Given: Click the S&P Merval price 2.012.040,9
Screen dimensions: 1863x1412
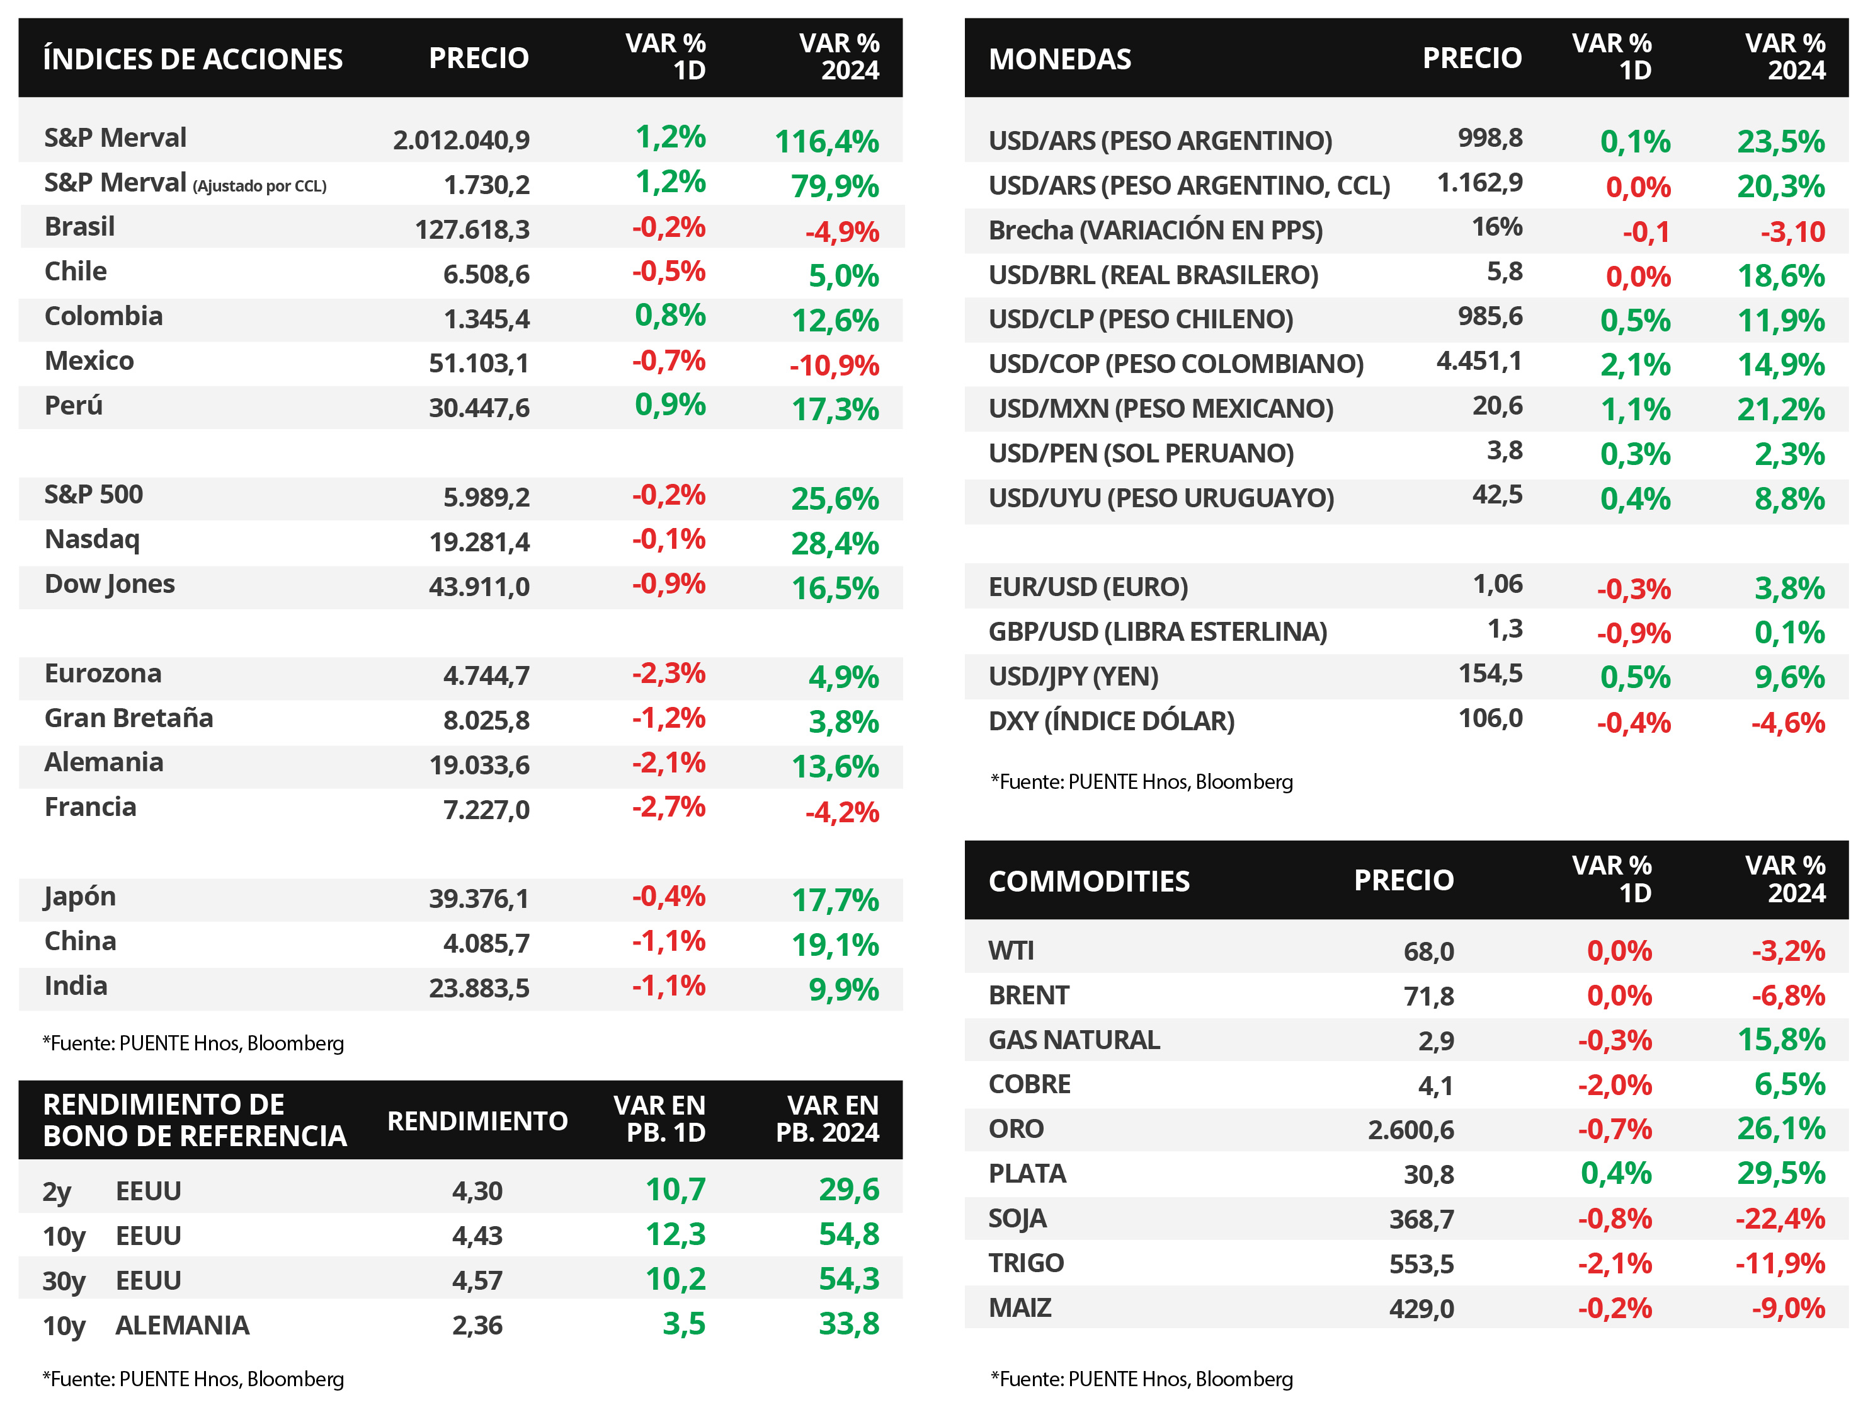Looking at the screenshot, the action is pyautogui.click(x=462, y=140).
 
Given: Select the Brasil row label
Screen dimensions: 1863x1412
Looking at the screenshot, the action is pyautogui.click(x=79, y=227).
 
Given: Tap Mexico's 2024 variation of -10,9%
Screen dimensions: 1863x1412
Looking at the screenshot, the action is pyautogui.click(x=834, y=365).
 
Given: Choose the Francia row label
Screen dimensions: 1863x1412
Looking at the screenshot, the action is pyautogui.click(x=90, y=807).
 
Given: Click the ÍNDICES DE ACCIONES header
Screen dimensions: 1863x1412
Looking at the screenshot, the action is pyautogui.click(x=193, y=59).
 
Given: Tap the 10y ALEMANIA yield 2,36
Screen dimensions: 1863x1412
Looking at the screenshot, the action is pyautogui.click(x=477, y=1325).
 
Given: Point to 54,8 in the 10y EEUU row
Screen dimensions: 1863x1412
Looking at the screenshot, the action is pyautogui.click(x=849, y=1234).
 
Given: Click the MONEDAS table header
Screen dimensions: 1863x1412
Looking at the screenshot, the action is pyautogui.click(x=1059, y=59).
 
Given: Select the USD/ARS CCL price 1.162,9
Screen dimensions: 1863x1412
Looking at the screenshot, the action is pyautogui.click(x=1480, y=183).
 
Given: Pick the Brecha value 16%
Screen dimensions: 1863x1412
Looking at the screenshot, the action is pyautogui.click(x=1496, y=227).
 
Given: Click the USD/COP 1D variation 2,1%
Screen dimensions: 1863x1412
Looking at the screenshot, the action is pyautogui.click(x=1636, y=365).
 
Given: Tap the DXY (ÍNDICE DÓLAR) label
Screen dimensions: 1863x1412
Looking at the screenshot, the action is pyautogui.click(x=1112, y=721).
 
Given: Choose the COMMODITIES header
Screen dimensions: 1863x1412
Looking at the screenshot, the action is pyautogui.click(x=1089, y=881).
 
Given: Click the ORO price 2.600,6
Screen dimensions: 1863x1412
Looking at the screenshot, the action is pyautogui.click(x=1411, y=1130).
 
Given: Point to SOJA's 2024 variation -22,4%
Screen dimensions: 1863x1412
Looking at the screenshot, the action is pyautogui.click(x=1780, y=1218).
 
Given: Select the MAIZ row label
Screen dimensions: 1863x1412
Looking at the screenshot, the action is pyautogui.click(x=1020, y=1307).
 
